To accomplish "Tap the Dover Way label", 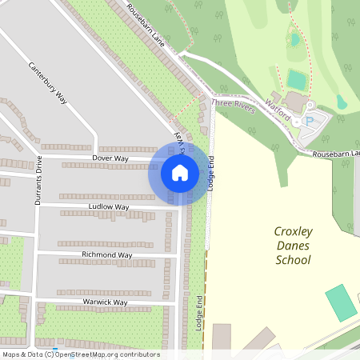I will click(110, 158).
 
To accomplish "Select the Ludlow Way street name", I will click(109, 206).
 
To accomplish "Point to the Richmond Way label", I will click(106, 255).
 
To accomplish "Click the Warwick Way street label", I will click(103, 302).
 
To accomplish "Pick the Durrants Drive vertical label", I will click(38, 181).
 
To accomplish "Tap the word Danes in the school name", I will click(293, 246).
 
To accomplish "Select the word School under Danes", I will click(293, 260).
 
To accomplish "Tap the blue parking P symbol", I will click(309, 121).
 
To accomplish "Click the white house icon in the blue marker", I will click(180, 173).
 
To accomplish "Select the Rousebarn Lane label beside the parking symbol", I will click(336, 152).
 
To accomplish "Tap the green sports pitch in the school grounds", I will click(342, 303).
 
